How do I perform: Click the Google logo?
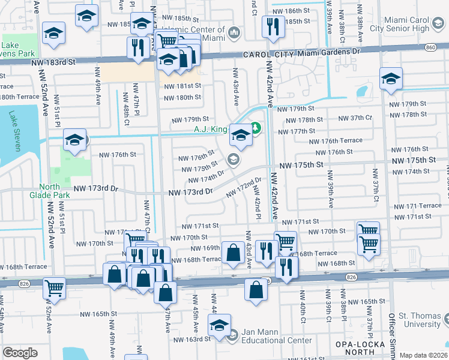pyautogui.click(x=20, y=353)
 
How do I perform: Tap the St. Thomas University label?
pyautogui.click(x=420, y=320)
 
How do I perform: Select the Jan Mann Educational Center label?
pyautogui.click(x=277, y=340)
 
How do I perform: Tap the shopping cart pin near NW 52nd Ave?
pyautogui.click(x=54, y=289)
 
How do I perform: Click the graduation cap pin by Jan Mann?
pyautogui.click(x=219, y=326)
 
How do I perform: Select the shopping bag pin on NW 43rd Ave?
pyautogui.click(x=233, y=253)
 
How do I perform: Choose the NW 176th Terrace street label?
pyautogui.click(x=336, y=141)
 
